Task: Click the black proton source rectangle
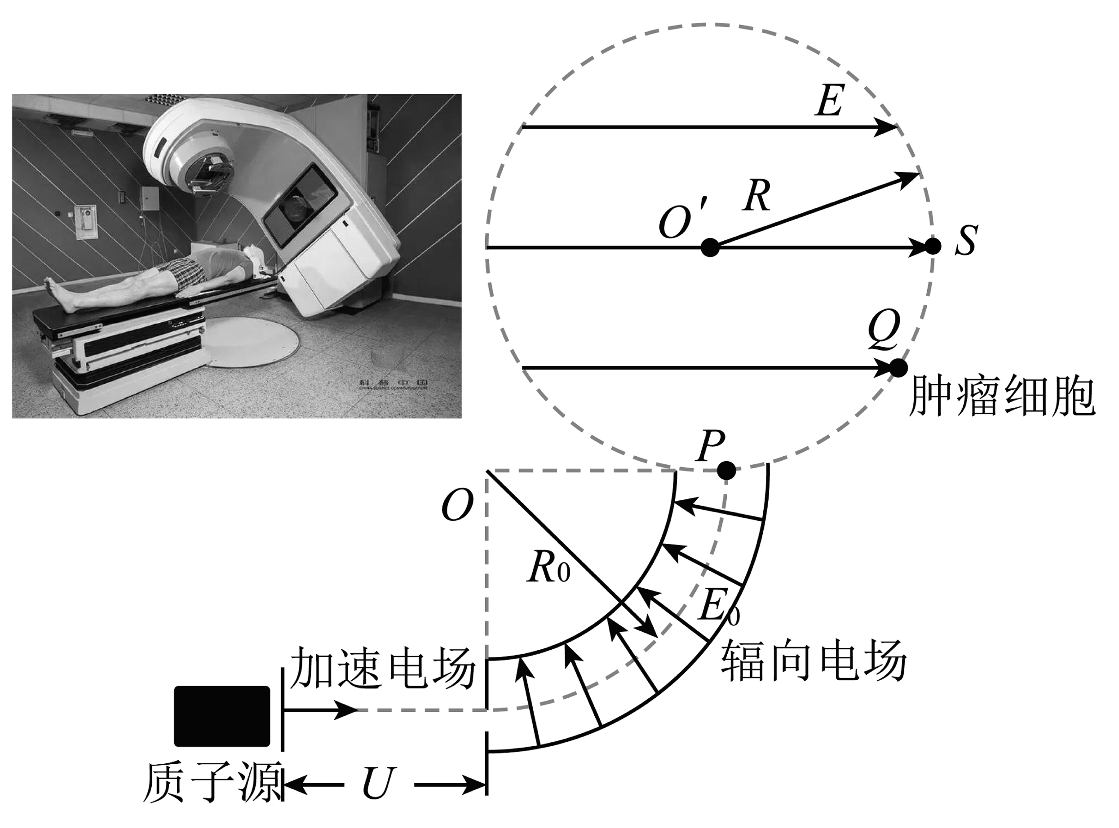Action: [x=221, y=716]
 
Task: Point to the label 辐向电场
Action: [x=814, y=661]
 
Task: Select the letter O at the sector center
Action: [x=457, y=505]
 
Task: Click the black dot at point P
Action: [x=726, y=471]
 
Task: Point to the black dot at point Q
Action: [x=898, y=368]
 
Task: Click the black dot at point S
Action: [x=933, y=247]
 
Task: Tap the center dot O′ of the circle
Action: [x=710, y=247]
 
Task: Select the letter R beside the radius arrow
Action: [x=757, y=195]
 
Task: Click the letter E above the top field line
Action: [x=830, y=101]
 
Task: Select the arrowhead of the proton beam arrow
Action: [x=346, y=710]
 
